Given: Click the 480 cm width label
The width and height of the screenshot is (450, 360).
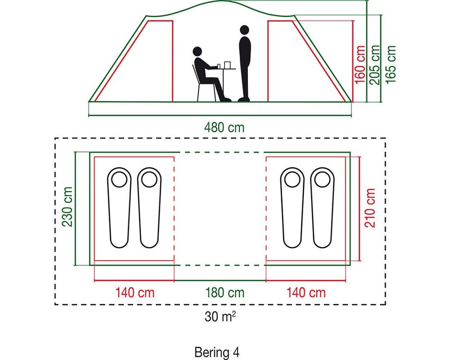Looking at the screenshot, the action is pos(224,127).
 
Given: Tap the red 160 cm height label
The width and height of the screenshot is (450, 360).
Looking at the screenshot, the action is pos(360,65).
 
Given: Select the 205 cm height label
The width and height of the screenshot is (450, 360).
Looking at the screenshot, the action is pos(375,65).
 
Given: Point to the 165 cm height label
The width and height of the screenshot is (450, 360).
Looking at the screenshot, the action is pos(390,64).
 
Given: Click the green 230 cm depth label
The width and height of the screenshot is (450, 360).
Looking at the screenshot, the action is pos(67,207).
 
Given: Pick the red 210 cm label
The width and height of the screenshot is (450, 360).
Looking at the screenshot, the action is pos(370,208).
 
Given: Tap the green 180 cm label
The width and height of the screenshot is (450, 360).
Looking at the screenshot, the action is pos(225,293).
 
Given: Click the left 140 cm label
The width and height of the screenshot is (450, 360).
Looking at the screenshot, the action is pos(135,293).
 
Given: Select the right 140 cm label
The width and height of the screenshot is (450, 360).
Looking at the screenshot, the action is pos(306,293).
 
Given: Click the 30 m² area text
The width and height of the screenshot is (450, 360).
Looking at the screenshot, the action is pos(220,316).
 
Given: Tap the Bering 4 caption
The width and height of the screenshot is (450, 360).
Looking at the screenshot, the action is pos(217,352).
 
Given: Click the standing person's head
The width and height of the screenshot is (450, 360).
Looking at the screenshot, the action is pos(245,30).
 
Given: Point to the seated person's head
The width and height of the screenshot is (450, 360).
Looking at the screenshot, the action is pos(197,52).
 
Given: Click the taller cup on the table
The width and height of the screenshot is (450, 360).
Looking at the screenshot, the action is pos(227,65).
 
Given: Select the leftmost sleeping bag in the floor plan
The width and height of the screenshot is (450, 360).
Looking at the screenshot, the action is pos(120,208).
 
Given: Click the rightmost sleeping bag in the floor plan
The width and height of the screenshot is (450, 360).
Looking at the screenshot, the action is pos(322,208).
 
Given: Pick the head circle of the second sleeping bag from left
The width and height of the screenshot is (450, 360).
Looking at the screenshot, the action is pos(149,180).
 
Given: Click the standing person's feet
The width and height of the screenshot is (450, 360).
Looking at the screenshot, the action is pos(244,99).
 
